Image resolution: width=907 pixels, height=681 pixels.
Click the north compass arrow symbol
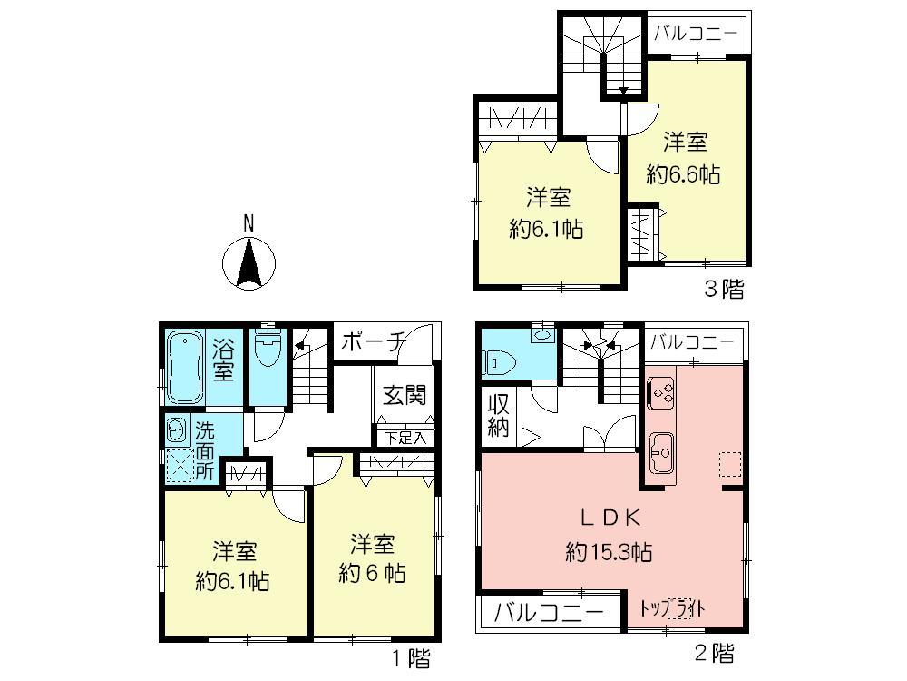pyautogui.click(x=249, y=263)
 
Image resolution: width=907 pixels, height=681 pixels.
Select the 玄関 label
pyautogui.click(x=405, y=396)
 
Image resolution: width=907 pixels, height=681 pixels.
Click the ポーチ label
pyautogui.click(x=373, y=342)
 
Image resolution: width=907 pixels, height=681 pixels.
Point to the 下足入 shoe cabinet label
pyautogui.click(x=405, y=438)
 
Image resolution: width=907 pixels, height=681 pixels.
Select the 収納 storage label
pyautogui.click(x=497, y=415)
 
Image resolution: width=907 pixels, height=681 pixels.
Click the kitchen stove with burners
pyautogui.click(x=660, y=393)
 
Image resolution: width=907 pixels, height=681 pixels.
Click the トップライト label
pyautogui.click(x=672, y=608)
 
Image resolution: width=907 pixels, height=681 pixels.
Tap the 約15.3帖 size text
pyautogui.click(x=609, y=552)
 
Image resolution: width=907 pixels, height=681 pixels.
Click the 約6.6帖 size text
pyautogui.click(x=683, y=173)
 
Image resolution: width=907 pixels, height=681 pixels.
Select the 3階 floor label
pyautogui.click(x=724, y=289)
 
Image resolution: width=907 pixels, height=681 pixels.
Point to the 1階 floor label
pyautogui.click(x=411, y=658)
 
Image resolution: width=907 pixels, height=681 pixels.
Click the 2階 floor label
pyautogui.click(x=715, y=654)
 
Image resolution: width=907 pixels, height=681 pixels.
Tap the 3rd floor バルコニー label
pyautogui.click(x=697, y=33)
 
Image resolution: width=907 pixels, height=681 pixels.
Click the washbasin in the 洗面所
pyautogui.click(x=176, y=430)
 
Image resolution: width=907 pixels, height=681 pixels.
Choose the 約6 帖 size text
pyautogui.click(x=372, y=573)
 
